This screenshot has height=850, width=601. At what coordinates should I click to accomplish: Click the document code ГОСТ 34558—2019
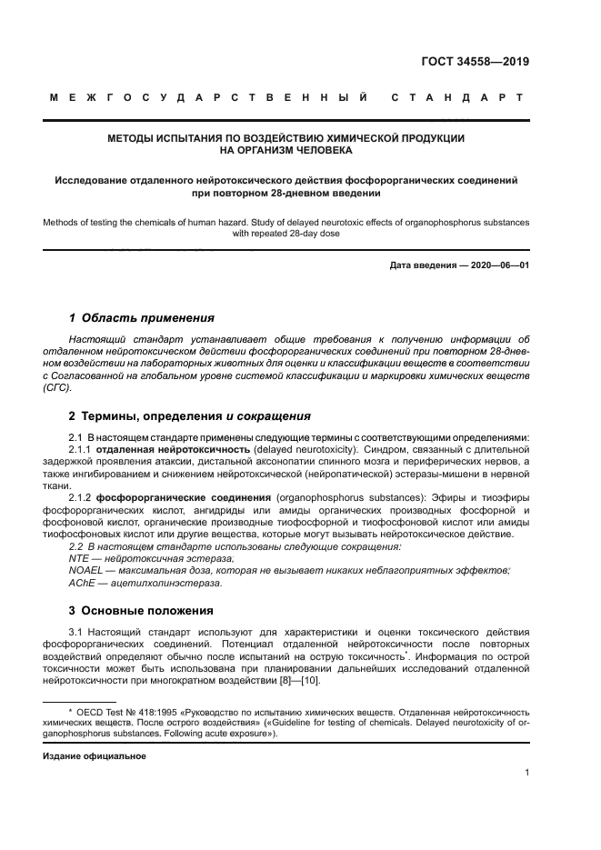476,63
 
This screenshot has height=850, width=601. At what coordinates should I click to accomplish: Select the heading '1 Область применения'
142,318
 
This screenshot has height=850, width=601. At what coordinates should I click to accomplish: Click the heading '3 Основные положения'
141,610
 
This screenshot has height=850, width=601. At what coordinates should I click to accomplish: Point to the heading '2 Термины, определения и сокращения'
190,416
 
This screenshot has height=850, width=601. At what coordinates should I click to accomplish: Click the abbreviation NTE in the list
81,558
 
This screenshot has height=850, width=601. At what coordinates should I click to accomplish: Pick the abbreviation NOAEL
88,570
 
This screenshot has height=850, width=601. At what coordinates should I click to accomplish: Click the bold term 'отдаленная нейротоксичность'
174,448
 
